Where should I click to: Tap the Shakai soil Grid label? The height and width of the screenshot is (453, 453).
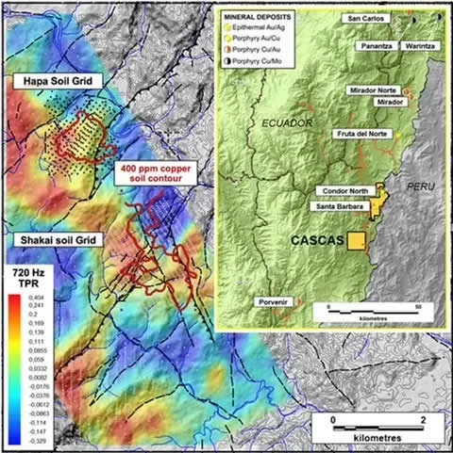tap(56, 239)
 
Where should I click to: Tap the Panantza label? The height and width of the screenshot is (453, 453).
tap(377, 44)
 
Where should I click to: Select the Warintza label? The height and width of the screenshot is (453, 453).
tap(419, 44)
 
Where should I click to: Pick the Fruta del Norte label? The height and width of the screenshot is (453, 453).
tap(361, 135)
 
